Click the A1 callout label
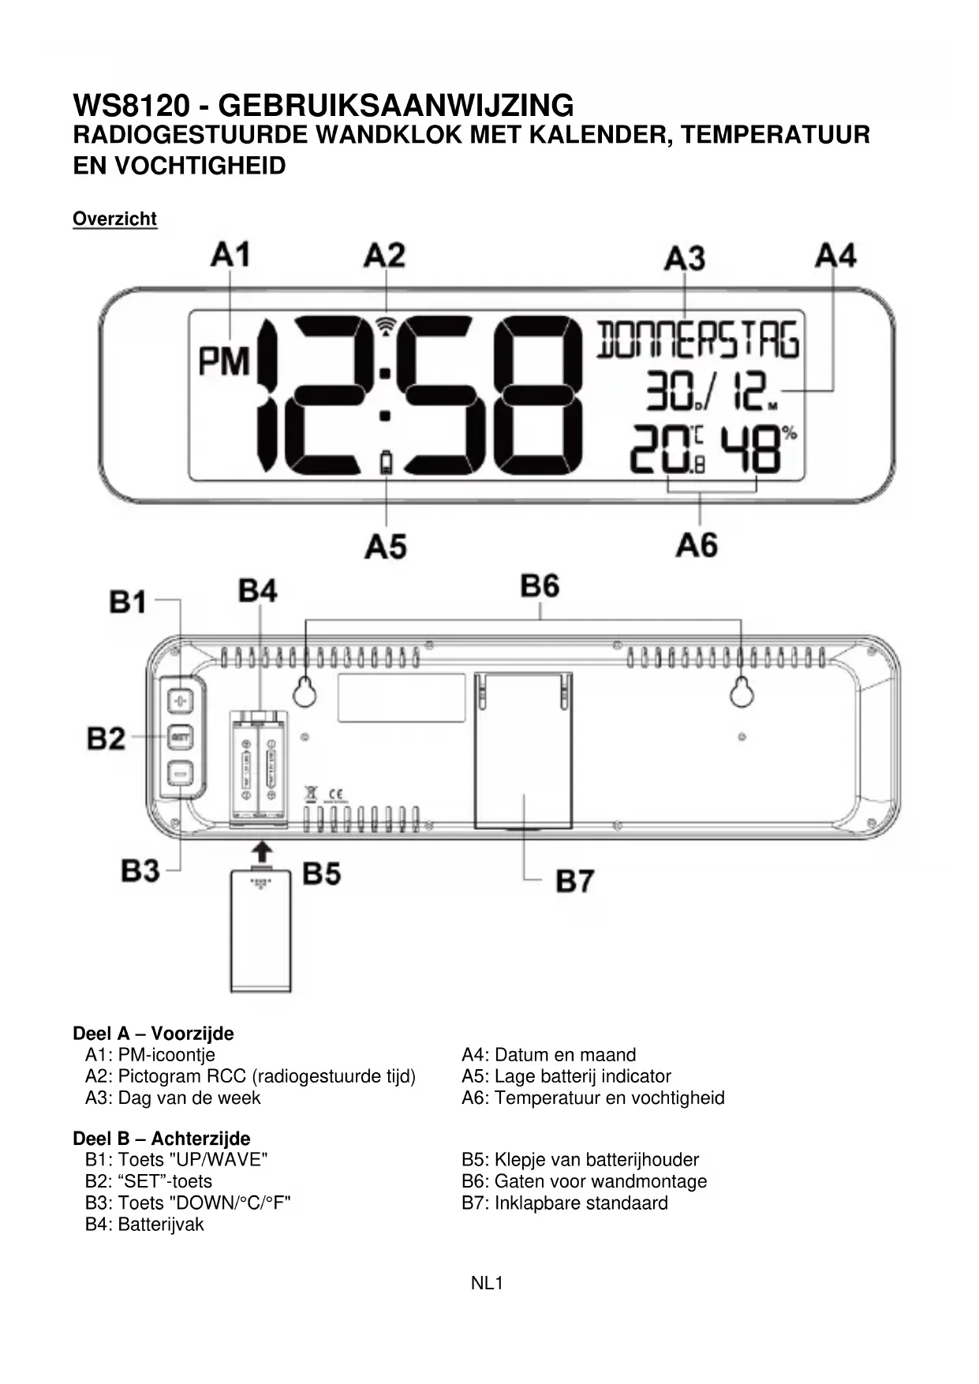point(230,255)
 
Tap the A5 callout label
point(385,546)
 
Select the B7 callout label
point(574,881)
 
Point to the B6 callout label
point(540,586)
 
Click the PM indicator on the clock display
point(224,361)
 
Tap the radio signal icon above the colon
point(385,325)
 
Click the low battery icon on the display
point(386,462)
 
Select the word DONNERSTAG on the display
point(697,341)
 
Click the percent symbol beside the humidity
point(789,432)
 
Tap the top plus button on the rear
point(181,700)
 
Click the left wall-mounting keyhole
point(305,693)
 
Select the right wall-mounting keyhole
point(741,692)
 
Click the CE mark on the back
point(334,793)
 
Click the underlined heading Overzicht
point(114,219)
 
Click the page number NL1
point(487,1284)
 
